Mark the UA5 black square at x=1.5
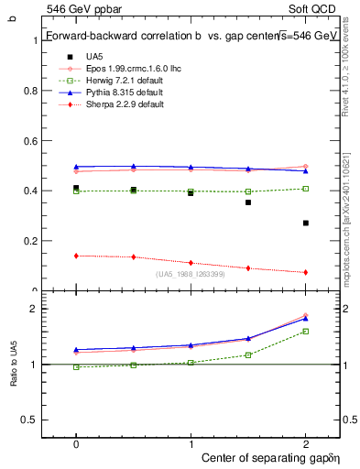[x=248, y=202]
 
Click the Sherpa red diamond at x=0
[x=76, y=256]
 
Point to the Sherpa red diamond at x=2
[x=306, y=272]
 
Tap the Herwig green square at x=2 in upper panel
[x=306, y=189]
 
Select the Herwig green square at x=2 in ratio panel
[x=306, y=332]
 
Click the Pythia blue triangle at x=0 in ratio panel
[x=76, y=349]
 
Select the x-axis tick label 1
[x=191, y=442]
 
